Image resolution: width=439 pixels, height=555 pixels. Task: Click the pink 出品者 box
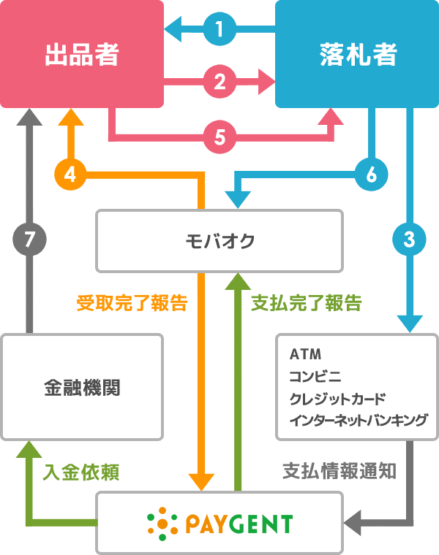[82, 55]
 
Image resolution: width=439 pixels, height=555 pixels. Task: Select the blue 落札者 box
[357, 55]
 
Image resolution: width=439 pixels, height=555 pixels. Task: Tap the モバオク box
[219, 241]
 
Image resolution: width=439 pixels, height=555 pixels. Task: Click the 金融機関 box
[81, 387]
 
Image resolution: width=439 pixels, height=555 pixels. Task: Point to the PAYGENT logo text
[238, 523]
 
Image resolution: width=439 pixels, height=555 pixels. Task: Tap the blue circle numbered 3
[409, 238]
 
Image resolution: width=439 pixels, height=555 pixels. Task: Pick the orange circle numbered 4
[70, 175]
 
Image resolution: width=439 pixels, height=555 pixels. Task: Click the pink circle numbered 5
[219, 135]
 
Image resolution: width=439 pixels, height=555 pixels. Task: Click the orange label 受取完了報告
[132, 302]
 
